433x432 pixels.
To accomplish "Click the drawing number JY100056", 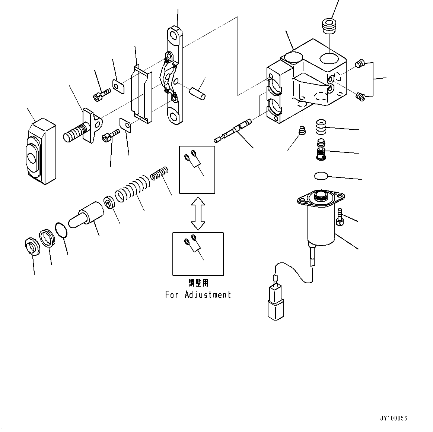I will [394, 418].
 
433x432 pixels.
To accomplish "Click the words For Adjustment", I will [198, 295].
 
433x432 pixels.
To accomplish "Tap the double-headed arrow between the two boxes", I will [198, 213].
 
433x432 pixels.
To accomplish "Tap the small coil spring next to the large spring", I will [160, 173].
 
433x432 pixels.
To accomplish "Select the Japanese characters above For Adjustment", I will [198, 283].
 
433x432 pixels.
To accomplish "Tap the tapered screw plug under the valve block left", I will [302, 131].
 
